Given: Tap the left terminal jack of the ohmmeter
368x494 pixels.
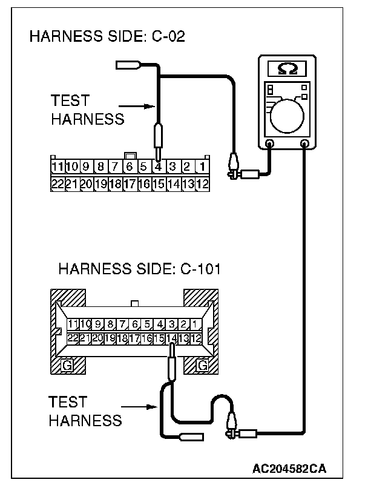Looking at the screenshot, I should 270,144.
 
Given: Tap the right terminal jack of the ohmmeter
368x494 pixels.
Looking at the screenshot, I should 304,144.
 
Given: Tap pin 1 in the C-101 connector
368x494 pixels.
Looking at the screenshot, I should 196,324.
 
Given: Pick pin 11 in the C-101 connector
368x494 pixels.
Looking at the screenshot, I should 74,324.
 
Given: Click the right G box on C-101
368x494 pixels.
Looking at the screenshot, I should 202,364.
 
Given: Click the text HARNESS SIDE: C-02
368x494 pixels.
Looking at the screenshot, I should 107,38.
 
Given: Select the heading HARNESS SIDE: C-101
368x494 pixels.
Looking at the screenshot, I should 139,269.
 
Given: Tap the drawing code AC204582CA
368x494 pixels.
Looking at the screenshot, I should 290,469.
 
